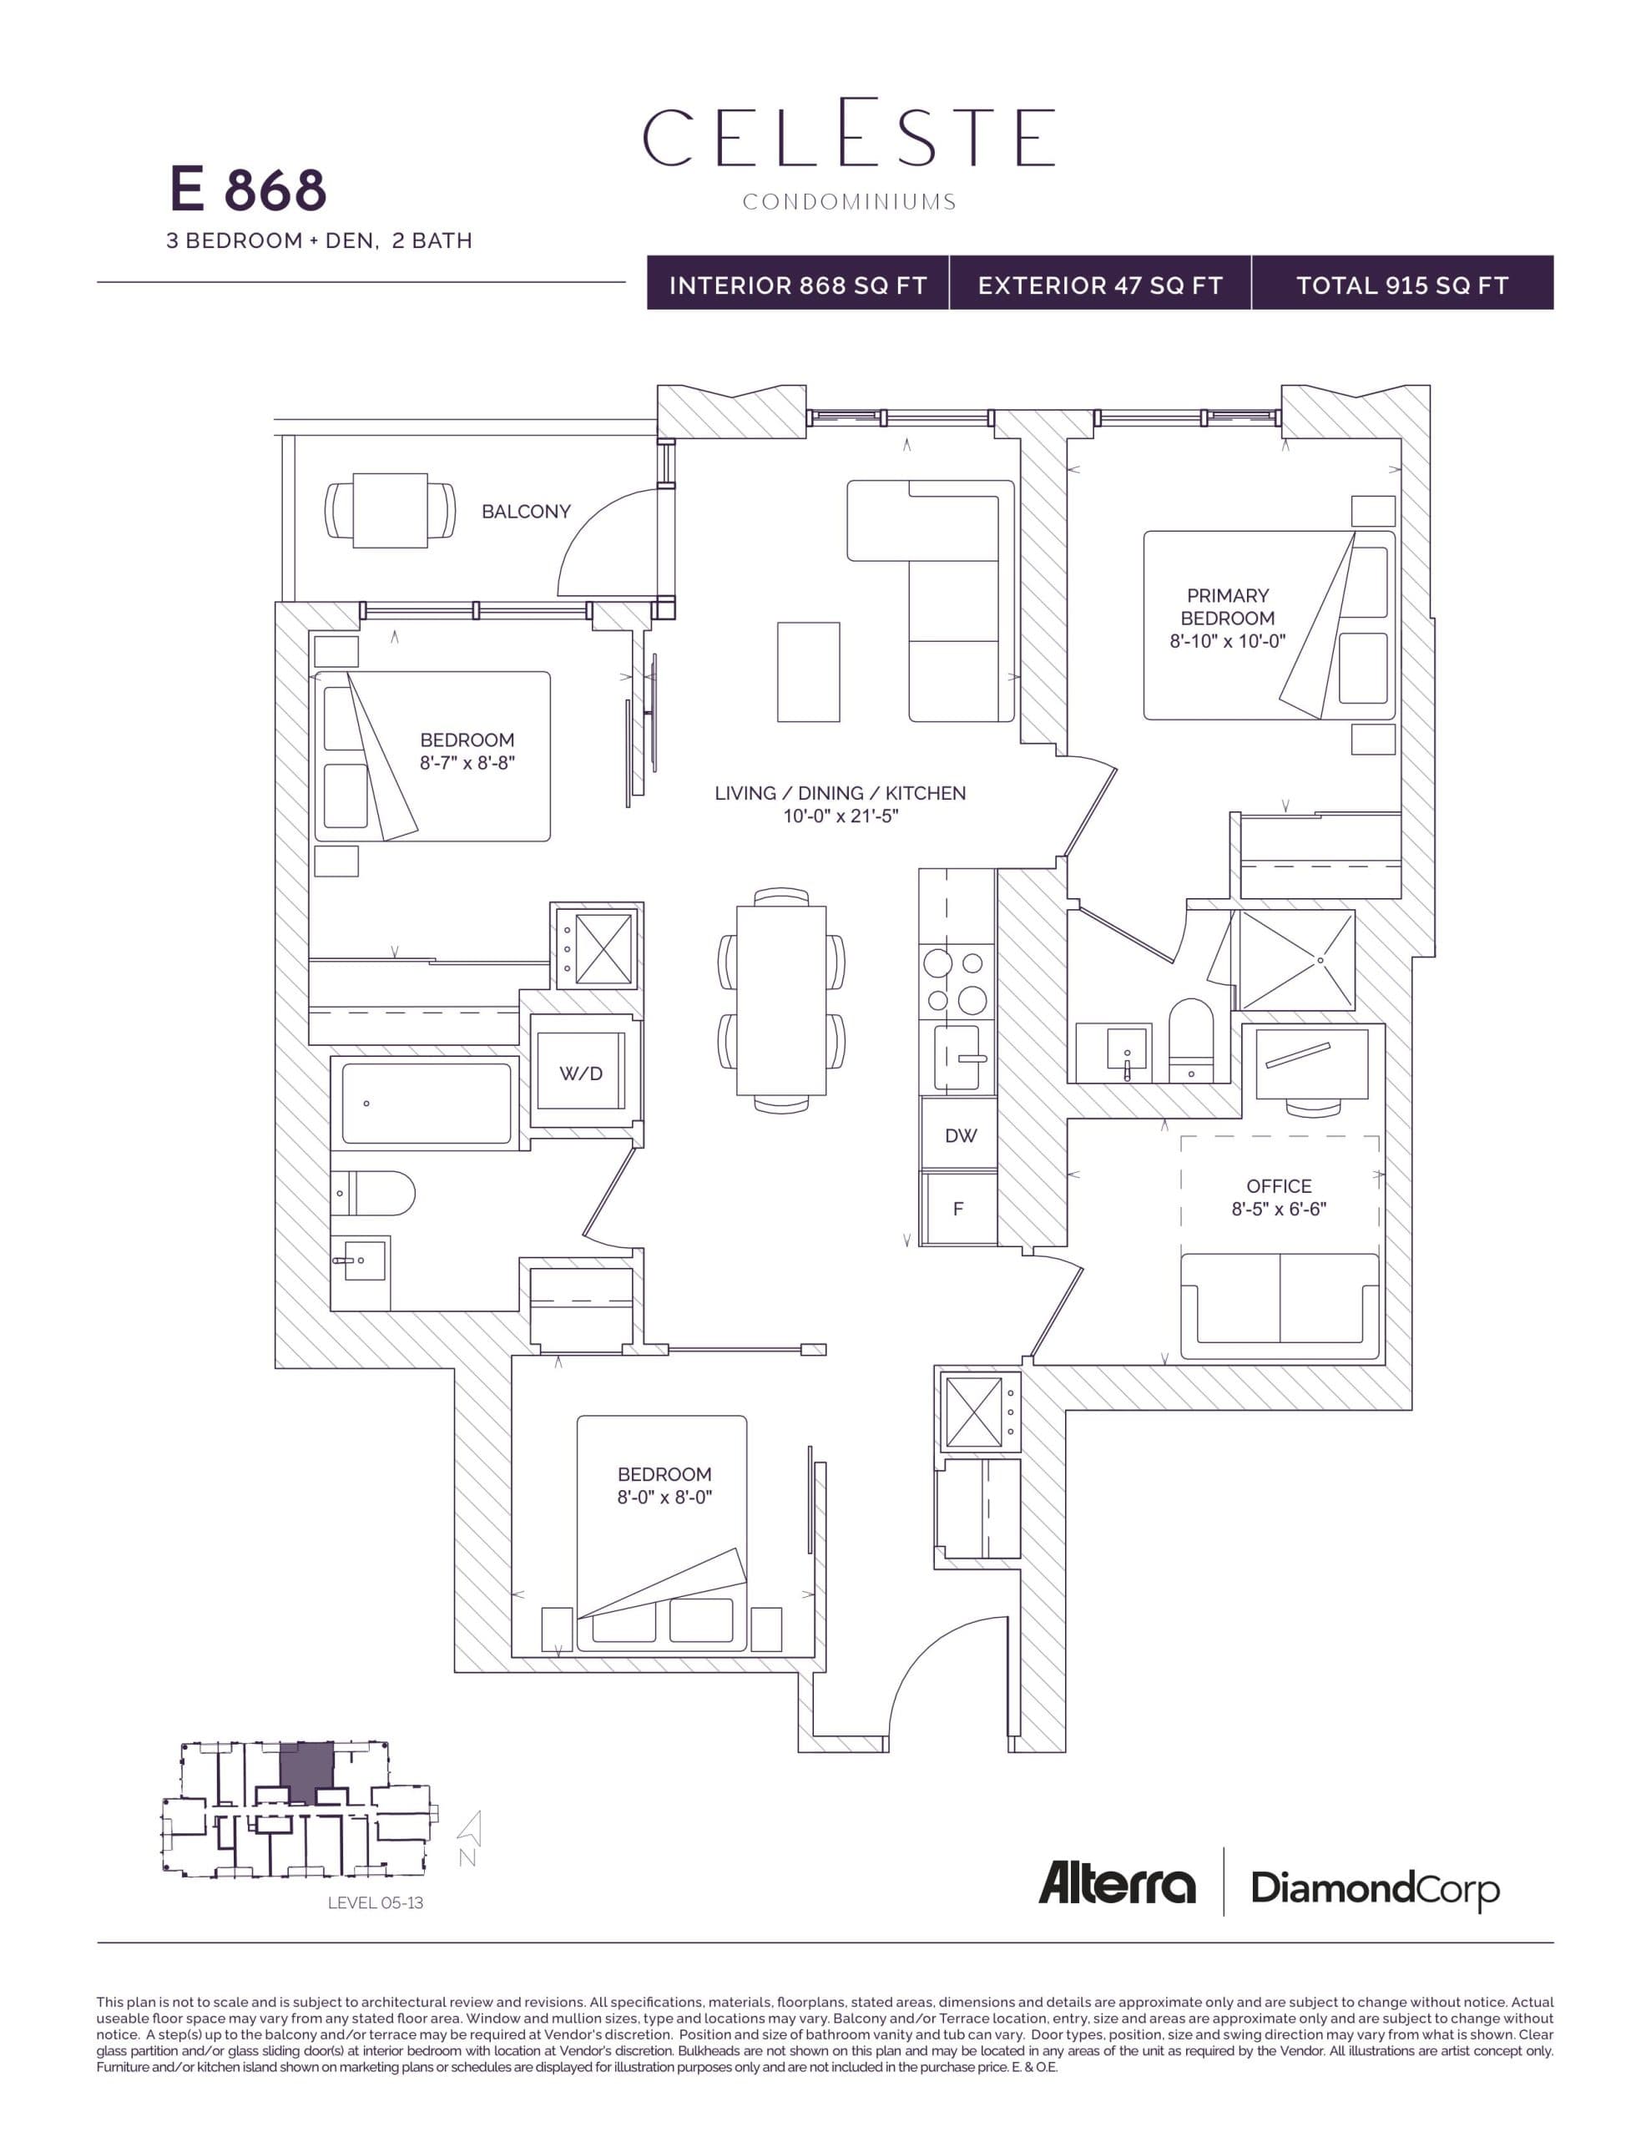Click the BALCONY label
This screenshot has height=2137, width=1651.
pyautogui.click(x=526, y=511)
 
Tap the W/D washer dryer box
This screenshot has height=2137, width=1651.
pyautogui.click(x=580, y=1074)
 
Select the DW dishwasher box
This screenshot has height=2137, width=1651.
pyautogui.click(x=960, y=1135)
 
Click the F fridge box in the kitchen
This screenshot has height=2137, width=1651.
pyautogui.click(x=958, y=1209)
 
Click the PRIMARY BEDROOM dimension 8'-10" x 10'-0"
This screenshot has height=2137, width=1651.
pyautogui.click(x=1227, y=641)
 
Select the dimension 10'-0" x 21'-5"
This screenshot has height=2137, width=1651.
pyautogui.click(x=840, y=816)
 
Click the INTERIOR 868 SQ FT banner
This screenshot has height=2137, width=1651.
pyautogui.click(x=798, y=285)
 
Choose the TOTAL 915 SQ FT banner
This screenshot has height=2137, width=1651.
pyautogui.click(x=1401, y=285)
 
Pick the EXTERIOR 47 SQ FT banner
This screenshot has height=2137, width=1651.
pyautogui.click(x=1100, y=285)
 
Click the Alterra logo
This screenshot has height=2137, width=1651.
pyautogui.click(x=1117, y=1883)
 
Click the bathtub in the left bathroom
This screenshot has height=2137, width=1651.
pyautogui.click(x=426, y=1103)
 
